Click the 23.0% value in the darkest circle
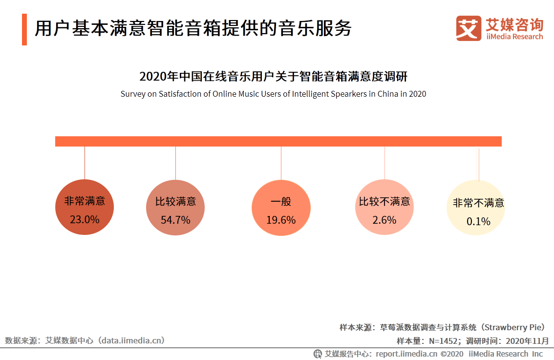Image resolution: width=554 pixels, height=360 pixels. pos(85,220)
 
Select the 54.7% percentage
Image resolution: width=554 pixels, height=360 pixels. pos(175,220)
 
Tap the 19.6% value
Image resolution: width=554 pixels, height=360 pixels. pos(281,220)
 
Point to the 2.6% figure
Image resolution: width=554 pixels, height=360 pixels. pos(384,220)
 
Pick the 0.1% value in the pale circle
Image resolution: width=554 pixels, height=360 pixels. pos(478,222)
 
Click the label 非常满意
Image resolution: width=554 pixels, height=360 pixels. pos(85,201)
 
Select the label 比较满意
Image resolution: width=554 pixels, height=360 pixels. pos(175,202)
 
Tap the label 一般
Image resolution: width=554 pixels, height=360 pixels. pos(281,202)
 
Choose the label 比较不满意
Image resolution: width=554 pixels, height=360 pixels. pos(384,202)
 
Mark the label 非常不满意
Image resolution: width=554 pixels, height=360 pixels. pos(478,203)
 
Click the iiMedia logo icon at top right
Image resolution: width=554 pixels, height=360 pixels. pos(469,28)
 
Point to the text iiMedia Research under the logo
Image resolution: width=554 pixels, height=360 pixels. pos(514,37)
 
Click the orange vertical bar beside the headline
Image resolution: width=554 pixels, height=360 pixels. pos(24,29)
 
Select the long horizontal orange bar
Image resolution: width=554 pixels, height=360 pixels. pos(278,141)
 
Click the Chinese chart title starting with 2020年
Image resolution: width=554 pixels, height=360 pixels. pos(273,77)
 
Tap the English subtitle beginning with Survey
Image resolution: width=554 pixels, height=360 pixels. pos(273,94)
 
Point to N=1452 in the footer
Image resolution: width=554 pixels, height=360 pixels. pos(443,340)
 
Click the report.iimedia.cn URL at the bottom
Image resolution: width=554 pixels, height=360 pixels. pos(406,354)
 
